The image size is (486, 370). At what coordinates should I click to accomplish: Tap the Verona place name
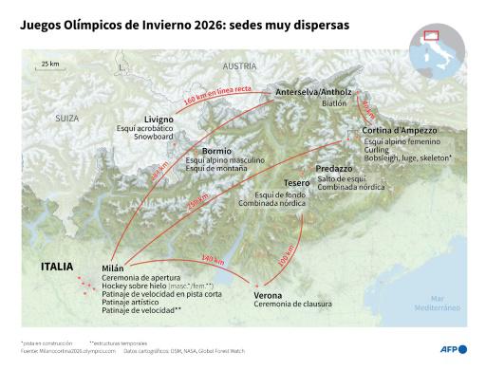point(269,296)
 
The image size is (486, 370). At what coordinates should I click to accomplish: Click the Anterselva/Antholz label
point(311,92)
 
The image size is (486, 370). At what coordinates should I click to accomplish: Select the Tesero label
point(297,184)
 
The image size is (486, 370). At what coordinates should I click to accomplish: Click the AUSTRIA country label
point(239,66)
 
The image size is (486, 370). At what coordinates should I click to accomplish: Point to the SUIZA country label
point(66,119)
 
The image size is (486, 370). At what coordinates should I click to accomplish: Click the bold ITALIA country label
point(58,267)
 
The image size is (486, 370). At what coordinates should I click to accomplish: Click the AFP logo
point(448,349)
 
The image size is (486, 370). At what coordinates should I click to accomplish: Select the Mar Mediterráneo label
point(437,304)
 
